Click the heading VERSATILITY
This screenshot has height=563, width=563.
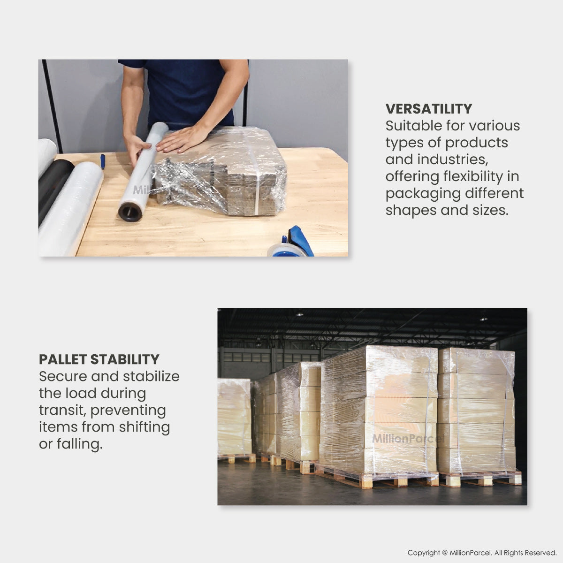(x=429, y=109)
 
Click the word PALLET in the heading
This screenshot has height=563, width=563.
(x=62, y=359)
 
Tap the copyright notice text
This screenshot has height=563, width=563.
(x=482, y=553)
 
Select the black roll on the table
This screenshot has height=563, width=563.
(x=55, y=188)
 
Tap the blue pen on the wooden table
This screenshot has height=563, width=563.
(x=102, y=161)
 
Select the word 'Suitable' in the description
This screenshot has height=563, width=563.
(x=413, y=126)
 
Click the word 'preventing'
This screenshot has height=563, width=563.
(x=128, y=411)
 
